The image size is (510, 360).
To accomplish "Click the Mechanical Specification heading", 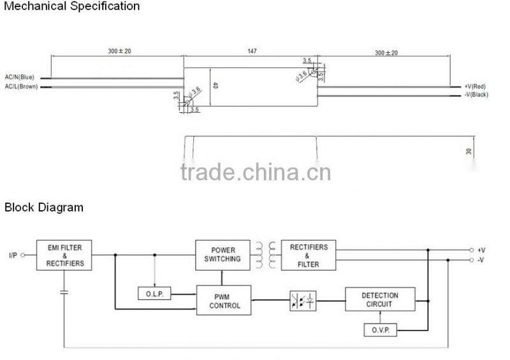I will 71,6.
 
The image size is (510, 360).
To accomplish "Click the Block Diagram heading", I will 44,208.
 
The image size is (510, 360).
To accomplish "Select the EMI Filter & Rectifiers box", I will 64,254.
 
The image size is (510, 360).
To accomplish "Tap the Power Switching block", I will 222,254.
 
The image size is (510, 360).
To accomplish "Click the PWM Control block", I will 224,301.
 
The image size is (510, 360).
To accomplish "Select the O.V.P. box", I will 380,330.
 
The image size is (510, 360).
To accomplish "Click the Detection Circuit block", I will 380,299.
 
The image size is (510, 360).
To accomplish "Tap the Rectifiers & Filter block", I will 309,255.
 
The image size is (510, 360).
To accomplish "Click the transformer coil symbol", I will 266,254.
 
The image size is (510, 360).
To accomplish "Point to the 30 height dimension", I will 469,151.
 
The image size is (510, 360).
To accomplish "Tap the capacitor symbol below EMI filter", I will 64,292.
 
